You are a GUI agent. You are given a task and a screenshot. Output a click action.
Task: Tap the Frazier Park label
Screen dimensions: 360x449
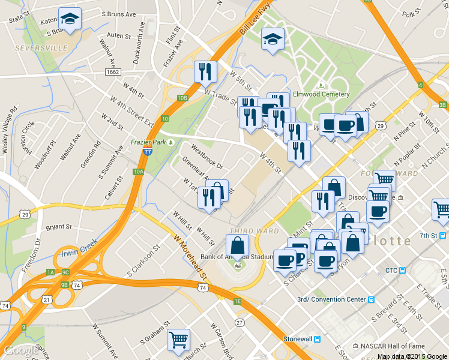pyautogui.click(x=148, y=142)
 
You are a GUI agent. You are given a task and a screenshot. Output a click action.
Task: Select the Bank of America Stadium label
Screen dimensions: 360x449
pyautogui.click(x=232, y=257)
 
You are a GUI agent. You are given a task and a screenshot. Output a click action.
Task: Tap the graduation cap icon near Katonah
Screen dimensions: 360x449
pyautogui.click(x=70, y=19)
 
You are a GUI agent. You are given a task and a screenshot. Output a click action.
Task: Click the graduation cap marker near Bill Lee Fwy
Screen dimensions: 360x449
pyautogui.click(x=273, y=39)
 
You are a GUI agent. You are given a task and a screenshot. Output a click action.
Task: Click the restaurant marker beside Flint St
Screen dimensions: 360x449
pyautogui.click(x=205, y=72)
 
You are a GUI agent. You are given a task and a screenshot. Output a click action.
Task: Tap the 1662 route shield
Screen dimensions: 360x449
pyautogui.click(x=112, y=72)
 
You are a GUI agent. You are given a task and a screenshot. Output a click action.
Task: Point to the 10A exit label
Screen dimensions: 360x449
pyautogui.click(x=139, y=172)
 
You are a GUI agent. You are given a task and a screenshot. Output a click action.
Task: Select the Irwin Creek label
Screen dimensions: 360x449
pyautogui.click(x=79, y=248)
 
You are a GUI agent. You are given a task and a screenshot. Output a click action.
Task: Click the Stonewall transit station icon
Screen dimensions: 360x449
pyautogui.click(x=318, y=339)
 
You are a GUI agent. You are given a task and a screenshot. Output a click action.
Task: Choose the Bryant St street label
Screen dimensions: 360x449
pyautogui.click(x=58, y=227)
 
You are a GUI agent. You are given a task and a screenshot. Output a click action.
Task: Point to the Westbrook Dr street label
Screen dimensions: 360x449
pyautogui.click(x=206, y=155)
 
